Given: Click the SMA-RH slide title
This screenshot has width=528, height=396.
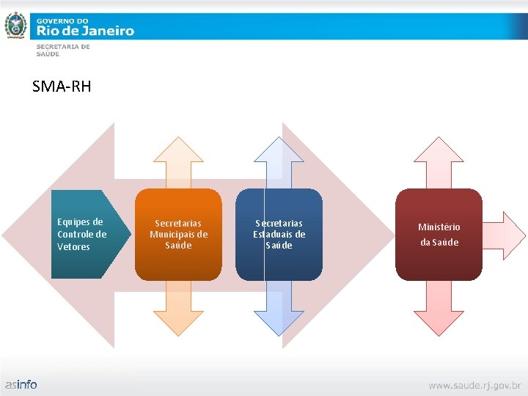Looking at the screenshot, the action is click(x=62, y=87).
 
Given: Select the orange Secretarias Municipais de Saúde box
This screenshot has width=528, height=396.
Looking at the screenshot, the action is click(x=178, y=234).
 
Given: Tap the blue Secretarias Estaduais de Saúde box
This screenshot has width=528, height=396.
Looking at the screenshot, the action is click(x=279, y=234).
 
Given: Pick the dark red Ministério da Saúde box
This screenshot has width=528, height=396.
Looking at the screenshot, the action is click(x=439, y=234).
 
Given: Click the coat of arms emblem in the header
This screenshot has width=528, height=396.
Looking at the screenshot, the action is click(x=15, y=26).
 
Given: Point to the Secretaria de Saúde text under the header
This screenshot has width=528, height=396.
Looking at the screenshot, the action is click(x=63, y=50).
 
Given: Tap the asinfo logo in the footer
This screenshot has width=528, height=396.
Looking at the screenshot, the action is click(x=21, y=384).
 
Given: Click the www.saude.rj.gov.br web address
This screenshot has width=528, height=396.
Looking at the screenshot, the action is click(x=474, y=384).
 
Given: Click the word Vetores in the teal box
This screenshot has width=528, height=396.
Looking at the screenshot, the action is click(x=73, y=247).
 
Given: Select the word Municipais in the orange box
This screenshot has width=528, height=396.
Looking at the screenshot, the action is click(x=178, y=235).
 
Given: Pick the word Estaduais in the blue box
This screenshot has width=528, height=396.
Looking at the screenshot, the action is click(x=279, y=235).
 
